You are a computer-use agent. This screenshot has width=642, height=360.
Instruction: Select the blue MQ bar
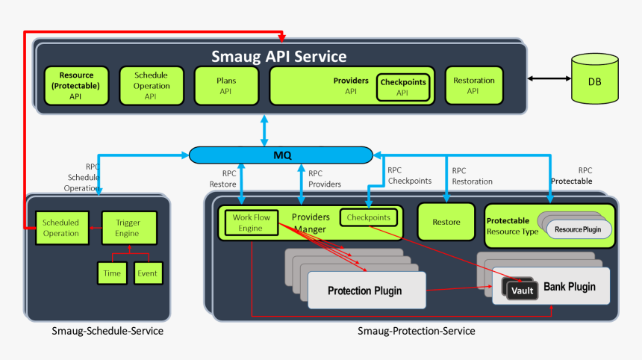point(280,155)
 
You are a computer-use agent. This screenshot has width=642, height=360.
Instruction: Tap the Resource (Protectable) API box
point(75,85)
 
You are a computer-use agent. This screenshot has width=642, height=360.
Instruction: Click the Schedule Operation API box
point(151,85)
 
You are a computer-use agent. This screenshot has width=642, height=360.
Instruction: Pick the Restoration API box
point(473,85)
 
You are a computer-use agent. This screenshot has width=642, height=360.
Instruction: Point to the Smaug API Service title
point(279,56)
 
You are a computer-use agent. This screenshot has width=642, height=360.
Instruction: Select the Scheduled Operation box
point(60,228)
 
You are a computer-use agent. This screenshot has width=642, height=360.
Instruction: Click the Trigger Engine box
point(127,228)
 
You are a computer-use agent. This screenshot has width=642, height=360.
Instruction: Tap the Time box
point(112,273)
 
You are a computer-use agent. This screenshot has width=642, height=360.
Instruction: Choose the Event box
point(147,273)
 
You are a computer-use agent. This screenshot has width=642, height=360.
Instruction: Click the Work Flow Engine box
point(251,222)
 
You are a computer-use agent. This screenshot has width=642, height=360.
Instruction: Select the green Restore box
point(446,222)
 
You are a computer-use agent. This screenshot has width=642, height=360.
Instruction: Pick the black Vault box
point(523,290)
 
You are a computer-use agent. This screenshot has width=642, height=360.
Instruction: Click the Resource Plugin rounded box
point(579,229)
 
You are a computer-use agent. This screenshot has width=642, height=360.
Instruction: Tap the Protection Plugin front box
point(366,290)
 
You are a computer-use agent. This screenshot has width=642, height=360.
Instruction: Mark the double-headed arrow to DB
point(548,78)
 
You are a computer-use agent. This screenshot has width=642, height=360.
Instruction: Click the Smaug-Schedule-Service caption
point(107,330)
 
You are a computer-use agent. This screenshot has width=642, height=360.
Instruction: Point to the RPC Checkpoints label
point(409,176)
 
